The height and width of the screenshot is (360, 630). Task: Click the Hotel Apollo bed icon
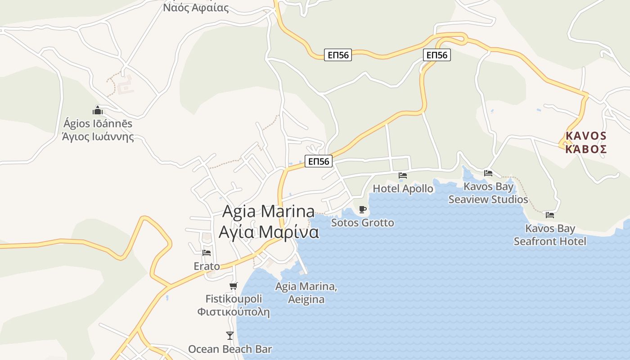tap(403, 175)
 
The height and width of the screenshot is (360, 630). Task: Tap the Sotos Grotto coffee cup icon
tap(363, 209)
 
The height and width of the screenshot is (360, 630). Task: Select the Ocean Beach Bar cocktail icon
tap(230, 335)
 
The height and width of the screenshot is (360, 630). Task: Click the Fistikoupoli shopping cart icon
tap(233, 286)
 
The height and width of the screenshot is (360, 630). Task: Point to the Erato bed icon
tap(207, 253)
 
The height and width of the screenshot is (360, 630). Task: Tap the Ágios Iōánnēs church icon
tap(98, 110)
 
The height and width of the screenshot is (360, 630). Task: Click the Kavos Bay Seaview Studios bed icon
tap(488, 173)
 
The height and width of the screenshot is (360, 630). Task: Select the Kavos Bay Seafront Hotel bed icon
tap(549, 215)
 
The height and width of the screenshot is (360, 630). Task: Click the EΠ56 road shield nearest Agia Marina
tap(319, 161)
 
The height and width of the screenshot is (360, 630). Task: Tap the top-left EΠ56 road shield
tap(338, 55)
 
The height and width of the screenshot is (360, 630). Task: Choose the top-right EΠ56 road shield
tap(436, 55)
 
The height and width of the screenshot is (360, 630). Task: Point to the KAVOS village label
tap(586, 135)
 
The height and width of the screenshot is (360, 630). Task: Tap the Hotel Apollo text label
tap(403, 189)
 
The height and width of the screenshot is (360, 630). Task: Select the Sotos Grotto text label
tap(363, 223)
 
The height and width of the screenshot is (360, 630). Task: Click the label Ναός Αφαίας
tap(196, 8)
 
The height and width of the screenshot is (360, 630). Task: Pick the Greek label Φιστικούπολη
tap(234, 312)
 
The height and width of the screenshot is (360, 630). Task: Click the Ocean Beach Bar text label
tap(230, 349)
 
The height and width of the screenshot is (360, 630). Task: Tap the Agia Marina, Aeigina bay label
tap(306, 293)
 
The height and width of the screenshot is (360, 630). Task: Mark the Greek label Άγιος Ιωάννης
tap(98, 136)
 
